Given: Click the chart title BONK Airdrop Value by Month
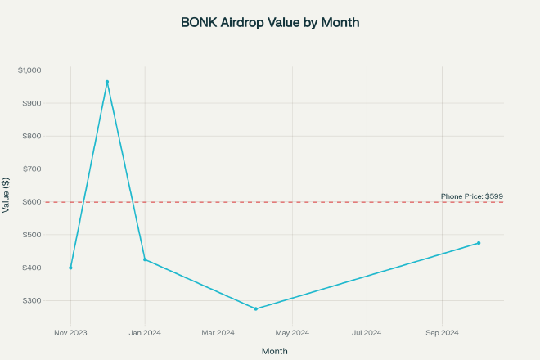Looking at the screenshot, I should [x=270, y=23].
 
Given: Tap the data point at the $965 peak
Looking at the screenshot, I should [x=107, y=82].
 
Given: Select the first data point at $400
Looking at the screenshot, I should [x=70, y=268].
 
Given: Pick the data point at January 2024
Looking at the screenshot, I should [x=145, y=259].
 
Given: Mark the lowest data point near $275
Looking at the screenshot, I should [x=256, y=308].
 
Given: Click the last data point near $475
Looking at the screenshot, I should [x=479, y=243].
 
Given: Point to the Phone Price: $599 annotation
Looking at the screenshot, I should [x=472, y=196].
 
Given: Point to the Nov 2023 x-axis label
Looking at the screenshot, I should [x=70, y=332].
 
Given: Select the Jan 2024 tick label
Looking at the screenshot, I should [x=145, y=332].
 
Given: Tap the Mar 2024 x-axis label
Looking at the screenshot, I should [x=218, y=332].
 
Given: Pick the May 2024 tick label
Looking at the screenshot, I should [x=293, y=332].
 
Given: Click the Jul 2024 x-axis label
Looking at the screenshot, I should [x=367, y=332].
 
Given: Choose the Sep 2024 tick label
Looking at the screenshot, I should [x=442, y=332].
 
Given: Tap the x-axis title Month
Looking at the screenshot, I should [x=274, y=351].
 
